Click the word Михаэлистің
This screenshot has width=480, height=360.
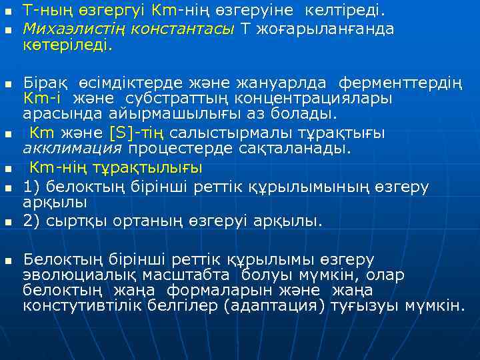click(x=59, y=29)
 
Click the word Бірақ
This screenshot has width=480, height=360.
click(x=42, y=84)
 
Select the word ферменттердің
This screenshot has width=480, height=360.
click(x=399, y=84)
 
